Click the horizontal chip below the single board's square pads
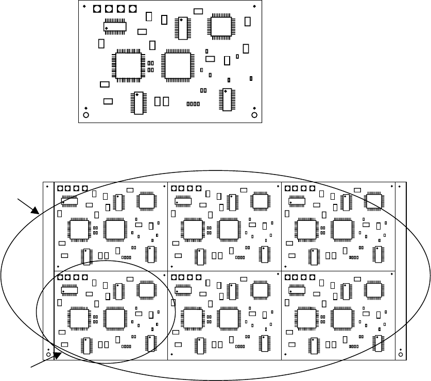pyautogui.click(x=115, y=26)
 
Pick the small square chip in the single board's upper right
pyautogui.click(x=220, y=26)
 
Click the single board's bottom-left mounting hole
pyautogui.click(x=86, y=115)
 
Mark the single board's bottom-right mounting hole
pyautogui.click(x=254, y=115)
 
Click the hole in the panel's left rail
pyautogui.click(x=48, y=355)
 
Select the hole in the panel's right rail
pyautogui.click(x=401, y=355)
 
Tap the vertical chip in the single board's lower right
pyautogui.click(x=226, y=99)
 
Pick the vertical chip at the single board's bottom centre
pyautogui.click(x=138, y=103)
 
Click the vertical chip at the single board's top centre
pyautogui.click(x=182, y=28)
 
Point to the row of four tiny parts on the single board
pyautogui.click(x=193, y=104)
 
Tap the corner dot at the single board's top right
pyautogui.click(x=254, y=6)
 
